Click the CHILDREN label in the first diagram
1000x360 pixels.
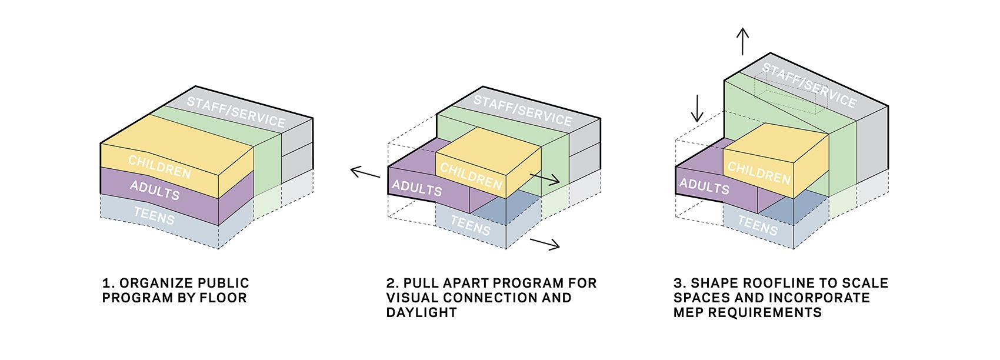159,167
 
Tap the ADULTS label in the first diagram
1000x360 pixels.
155,190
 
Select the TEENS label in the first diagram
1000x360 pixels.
154,215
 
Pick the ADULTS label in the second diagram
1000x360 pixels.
417,188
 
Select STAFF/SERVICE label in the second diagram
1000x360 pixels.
522,110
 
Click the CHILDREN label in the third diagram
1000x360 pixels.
759,172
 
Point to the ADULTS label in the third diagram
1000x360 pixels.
704,186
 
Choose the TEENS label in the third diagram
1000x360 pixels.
758,225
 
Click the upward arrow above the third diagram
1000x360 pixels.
743,41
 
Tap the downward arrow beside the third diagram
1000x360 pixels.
697,107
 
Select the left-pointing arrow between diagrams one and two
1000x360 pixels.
365,172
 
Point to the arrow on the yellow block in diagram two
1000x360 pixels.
545,179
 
